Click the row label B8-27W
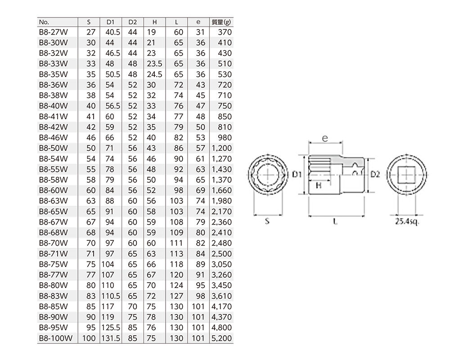tap(54, 32)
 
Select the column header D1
tap(110, 22)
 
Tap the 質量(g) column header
tap(221, 22)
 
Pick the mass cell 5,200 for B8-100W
tap(221, 338)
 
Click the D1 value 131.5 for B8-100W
tap(111, 338)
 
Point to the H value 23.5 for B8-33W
tap(154, 64)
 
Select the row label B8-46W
tap(54, 138)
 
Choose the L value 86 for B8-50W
tap(179, 148)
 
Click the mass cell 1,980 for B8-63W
tap(221, 201)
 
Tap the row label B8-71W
tap(54, 254)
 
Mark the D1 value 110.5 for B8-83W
tap(111, 296)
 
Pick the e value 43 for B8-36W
tap(201, 85)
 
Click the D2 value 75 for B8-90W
tap(133, 317)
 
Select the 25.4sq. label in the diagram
tap(407, 222)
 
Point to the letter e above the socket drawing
tap(325, 138)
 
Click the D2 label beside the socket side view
tap(375, 174)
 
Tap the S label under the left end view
tap(267, 221)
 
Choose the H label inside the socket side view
tap(319, 185)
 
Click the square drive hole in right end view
tap(406, 175)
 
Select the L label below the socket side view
tap(335, 221)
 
